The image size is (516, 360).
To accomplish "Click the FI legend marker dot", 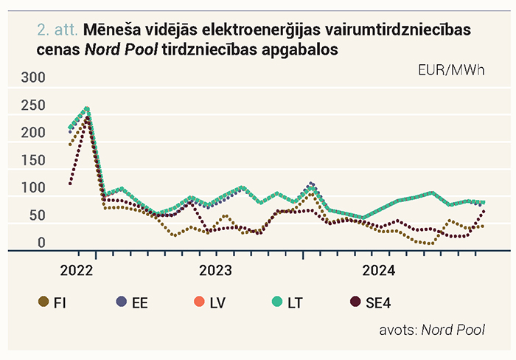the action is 43,302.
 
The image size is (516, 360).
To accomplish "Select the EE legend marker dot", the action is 122,302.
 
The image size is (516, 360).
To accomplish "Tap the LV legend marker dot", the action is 200,302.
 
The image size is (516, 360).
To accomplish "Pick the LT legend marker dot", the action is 277,302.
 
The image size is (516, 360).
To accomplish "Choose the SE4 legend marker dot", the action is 355,302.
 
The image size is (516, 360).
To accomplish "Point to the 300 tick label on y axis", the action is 33,77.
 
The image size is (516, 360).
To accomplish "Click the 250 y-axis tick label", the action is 33,105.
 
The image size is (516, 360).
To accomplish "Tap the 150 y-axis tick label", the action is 33,160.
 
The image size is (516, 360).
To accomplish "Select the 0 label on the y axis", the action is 41,243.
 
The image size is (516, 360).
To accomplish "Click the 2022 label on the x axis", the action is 77,271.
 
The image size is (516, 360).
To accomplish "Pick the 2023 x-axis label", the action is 215,271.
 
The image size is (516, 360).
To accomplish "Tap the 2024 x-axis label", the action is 379,271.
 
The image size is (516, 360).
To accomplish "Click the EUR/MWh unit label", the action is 451,70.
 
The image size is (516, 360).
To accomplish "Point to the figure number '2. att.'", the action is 57,30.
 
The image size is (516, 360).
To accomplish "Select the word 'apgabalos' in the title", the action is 300,50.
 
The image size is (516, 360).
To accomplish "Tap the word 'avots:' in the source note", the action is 399,330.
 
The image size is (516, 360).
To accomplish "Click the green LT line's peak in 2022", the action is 87,108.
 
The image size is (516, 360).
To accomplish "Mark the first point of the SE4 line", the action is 70,184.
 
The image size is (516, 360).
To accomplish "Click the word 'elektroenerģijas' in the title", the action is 261,30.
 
